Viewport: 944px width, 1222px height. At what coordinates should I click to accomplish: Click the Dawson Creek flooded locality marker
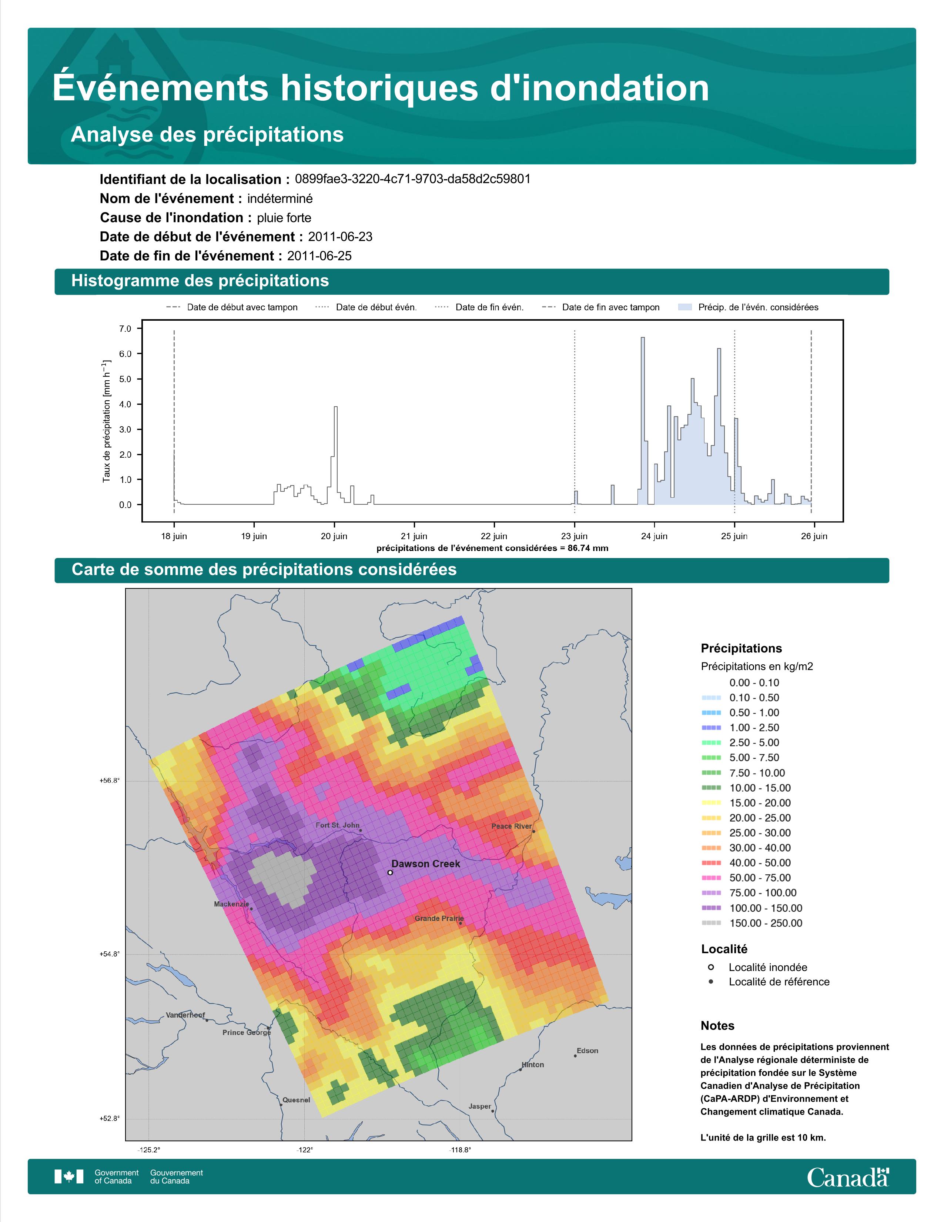[x=390, y=872]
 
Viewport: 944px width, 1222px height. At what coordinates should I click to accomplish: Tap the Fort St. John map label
[x=338, y=825]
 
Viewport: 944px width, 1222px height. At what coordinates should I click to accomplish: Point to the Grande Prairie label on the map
[x=439, y=918]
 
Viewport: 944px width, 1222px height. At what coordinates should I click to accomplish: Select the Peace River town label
[x=512, y=826]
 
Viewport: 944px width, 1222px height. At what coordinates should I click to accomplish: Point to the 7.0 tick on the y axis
[x=125, y=328]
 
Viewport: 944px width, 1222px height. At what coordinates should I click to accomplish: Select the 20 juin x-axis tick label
[x=334, y=536]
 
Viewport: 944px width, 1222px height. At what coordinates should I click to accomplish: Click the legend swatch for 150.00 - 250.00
[x=711, y=923]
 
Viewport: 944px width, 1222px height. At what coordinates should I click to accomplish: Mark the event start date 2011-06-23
[x=340, y=237]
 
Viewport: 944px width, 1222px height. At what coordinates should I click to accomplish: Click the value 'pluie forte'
[x=284, y=218]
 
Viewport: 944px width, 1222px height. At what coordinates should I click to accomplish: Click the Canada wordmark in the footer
[x=848, y=1177]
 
